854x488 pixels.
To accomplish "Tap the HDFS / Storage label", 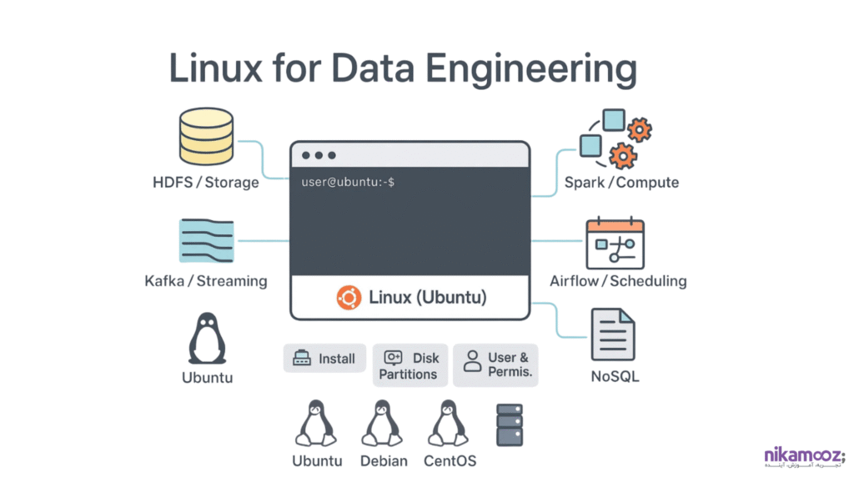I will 206,182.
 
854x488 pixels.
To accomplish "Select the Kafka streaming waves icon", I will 207,241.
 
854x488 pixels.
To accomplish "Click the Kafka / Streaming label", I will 206,281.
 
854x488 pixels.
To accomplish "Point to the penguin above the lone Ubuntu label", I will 207,340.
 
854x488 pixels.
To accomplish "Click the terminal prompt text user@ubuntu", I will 348,181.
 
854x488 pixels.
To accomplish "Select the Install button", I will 325,359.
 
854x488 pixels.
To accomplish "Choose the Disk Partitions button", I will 409,365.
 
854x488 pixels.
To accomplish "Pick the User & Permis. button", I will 496,365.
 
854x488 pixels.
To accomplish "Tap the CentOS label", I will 450,460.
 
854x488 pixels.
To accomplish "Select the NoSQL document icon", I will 613,335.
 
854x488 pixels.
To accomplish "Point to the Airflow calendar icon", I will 615,244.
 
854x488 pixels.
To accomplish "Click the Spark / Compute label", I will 621,182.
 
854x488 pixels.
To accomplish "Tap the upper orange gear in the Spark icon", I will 639,130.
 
